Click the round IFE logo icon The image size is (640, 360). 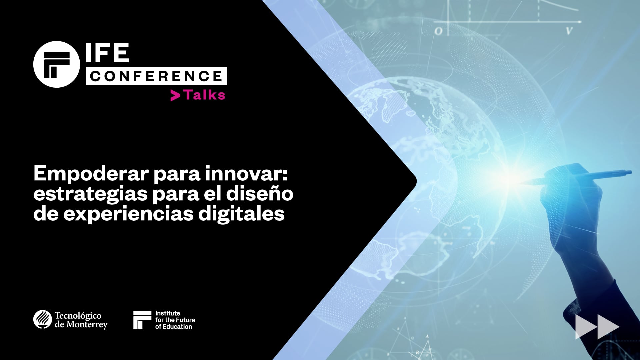click(57, 64)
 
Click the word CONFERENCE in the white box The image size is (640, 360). click(156, 76)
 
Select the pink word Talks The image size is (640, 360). click(205, 95)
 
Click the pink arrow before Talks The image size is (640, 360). click(175, 96)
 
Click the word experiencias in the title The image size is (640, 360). click(128, 214)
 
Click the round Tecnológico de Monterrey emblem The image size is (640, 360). click(42, 319)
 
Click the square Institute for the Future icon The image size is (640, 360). click(142, 320)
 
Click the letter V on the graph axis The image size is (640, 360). click(569, 31)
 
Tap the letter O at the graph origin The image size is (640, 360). click(439, 31)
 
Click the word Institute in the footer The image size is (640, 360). click(168, 313)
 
